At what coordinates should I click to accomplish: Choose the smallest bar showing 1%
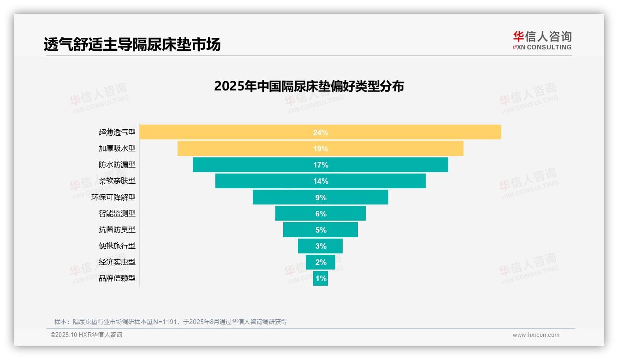coord(321,278)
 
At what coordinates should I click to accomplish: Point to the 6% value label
coord(321,214)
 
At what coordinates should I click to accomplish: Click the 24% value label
coord(321,132)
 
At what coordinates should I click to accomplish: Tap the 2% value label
coord(321,262)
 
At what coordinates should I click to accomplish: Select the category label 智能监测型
coord(117,213)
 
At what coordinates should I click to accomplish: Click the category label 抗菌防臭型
coord(117,229)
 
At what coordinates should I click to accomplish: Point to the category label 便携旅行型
coord(117,246)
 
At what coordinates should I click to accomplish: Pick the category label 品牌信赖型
coord(117,278)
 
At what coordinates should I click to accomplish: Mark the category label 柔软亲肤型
coord(117,181)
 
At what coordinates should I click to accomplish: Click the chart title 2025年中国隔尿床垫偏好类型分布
coord(309,86)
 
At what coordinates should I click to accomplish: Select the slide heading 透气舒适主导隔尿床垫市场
coord(132,44)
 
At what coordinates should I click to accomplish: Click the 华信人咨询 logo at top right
coord(542,40)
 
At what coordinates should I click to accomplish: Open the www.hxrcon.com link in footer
coord(536,335)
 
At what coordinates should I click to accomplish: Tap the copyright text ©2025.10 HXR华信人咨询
coord(86,335)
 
